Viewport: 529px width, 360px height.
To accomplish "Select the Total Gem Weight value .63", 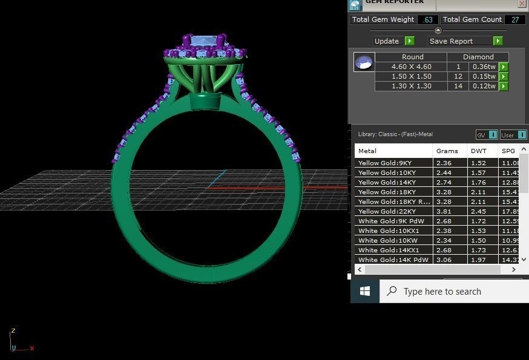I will [x=428, y=19].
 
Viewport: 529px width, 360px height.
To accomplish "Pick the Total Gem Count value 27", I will [x=515, y=19].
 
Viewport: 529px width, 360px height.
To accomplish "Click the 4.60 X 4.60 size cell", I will [x=411, y=67].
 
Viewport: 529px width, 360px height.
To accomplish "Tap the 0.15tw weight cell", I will [x=484, y=76].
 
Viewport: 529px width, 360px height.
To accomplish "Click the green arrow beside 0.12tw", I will [x=504, y=87].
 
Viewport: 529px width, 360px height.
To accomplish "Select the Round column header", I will [x=412, y=57].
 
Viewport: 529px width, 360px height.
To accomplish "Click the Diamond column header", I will [x=479, y=57].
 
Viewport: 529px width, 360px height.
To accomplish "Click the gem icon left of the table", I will [x=364, y=62].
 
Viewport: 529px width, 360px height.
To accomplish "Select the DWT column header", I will [x=478, y=151].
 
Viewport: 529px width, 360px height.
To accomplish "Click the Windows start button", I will [x=365, y=292].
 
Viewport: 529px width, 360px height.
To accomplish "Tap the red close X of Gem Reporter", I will [x=522, y=3].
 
